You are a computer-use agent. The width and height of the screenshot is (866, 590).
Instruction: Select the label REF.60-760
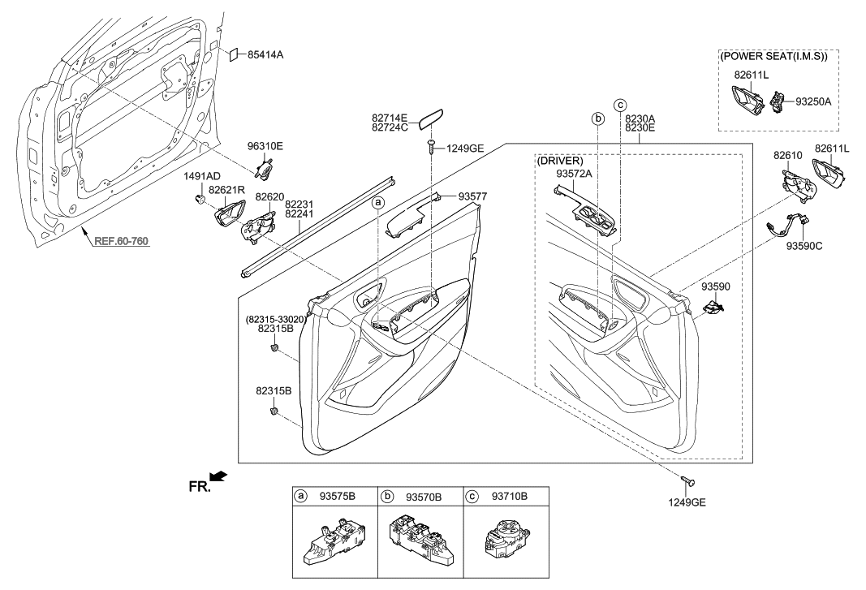[122, 241]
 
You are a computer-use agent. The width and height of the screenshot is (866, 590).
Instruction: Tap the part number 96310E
[265, 147]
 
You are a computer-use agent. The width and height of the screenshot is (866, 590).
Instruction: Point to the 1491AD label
[201, 176]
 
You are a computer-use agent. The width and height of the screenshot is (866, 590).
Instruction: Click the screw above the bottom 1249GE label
[687, 481]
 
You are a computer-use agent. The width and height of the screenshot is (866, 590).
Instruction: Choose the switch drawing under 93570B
[422, 540]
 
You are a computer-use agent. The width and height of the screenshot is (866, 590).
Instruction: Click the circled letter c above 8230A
[620, 105]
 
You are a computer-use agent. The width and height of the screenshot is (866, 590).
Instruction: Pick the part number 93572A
[575, 173]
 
